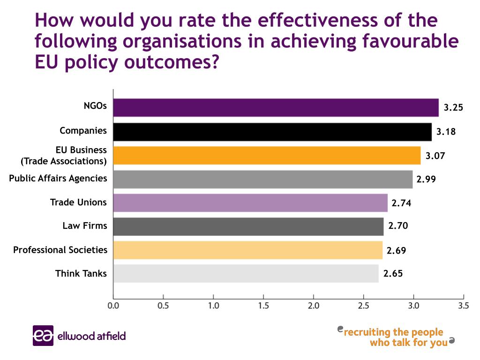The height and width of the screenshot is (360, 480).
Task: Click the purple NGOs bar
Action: coord(276,107)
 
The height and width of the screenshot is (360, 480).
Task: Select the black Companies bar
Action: coord(272,132)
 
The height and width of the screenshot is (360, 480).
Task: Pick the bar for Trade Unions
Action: coord(251,202)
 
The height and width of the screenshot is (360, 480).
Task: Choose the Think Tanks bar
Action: coord(246,273)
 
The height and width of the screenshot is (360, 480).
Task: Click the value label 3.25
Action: coord(453,107)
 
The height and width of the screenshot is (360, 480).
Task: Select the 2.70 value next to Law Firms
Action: coord(398,226)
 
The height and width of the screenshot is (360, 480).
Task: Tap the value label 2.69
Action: coord(396,250)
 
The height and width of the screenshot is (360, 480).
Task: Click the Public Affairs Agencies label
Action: coord(58,178)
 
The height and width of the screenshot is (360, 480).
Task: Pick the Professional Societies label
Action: coord(60,250)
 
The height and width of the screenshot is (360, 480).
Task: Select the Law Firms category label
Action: coord(85,226)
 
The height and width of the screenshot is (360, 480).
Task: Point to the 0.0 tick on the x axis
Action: coord(113,306)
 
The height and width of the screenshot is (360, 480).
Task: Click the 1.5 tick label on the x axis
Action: coord(263,306)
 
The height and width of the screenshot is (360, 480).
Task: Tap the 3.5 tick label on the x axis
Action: coord(463,306)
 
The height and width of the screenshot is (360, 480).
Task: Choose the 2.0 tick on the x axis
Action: coord(314,306)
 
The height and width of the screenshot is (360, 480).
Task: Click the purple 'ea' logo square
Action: coord(43,336)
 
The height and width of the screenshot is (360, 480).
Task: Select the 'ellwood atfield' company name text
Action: coord(92,336)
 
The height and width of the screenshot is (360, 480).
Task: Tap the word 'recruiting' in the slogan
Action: coord(367,332)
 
